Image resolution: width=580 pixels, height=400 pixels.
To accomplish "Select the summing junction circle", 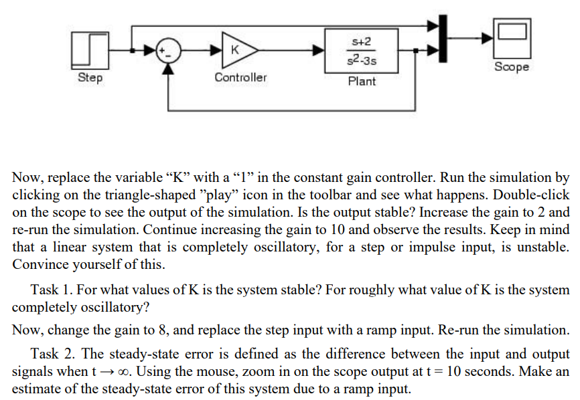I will pyautogui.click(x=167, y=50).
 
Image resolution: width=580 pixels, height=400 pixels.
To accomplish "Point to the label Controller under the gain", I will pyautogui.click(x=240, y=78).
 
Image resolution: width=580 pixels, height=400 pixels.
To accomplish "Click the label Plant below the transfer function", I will pyautogui.click(x=362, y=82).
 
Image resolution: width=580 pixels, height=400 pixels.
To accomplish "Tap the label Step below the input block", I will pyautogui.click(x=90, y=78).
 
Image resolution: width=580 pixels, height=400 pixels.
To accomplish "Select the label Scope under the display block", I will pyautogui.click(x=512, y=68).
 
